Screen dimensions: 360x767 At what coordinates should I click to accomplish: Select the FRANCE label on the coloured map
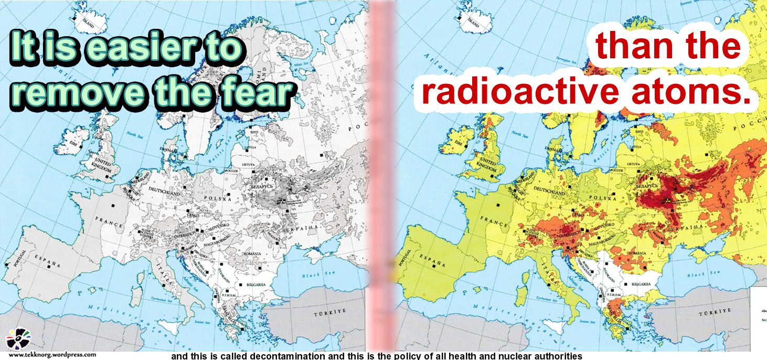tap(491, 221)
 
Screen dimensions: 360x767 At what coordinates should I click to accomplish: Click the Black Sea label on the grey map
tap(315, 274)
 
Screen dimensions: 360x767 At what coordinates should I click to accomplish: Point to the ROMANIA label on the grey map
tap(255, 253)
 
